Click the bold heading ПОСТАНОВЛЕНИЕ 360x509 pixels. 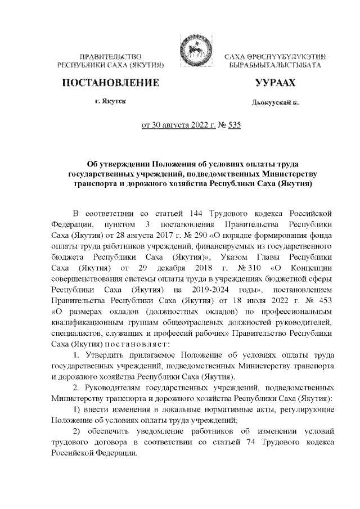click(x=110, y=84)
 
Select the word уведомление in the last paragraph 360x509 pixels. click(x=163, y=431)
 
